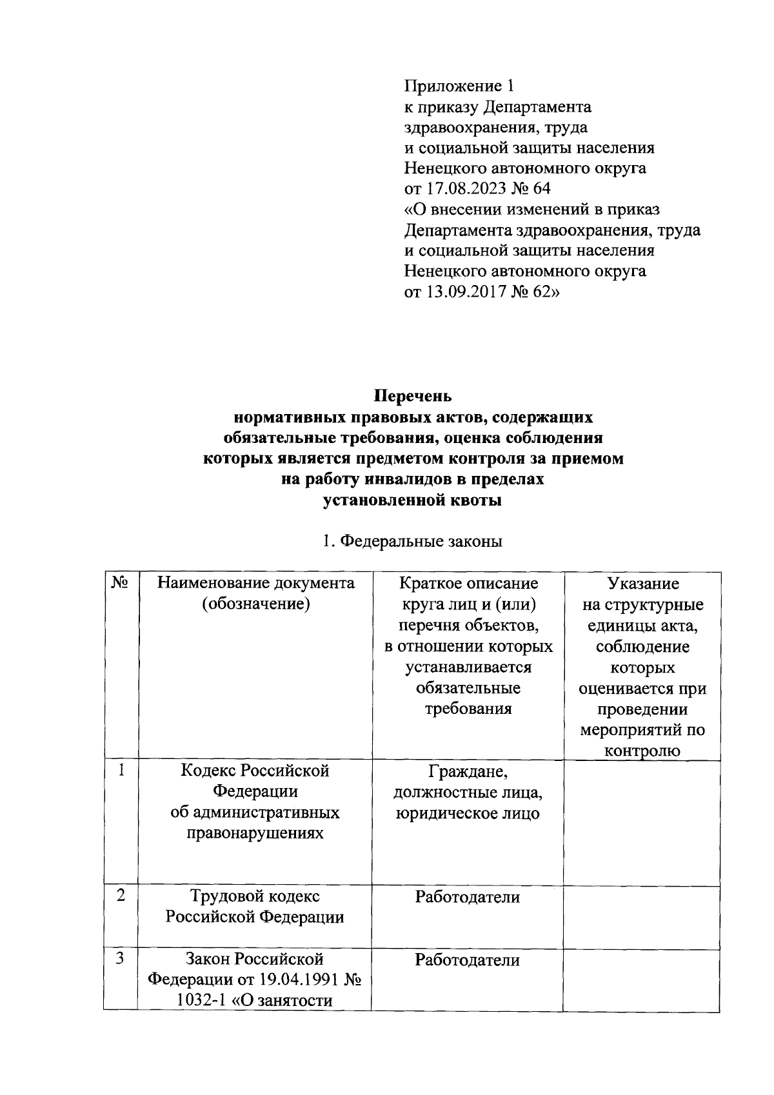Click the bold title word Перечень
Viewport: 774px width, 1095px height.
[x=413, y=396]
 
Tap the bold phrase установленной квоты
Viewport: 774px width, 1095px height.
[x=412, y=500]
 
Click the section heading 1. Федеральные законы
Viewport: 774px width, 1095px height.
[x=412, y=541]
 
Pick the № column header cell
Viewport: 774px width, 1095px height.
[x=120, y=584]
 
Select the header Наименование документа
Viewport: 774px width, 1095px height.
[x=255, y=584]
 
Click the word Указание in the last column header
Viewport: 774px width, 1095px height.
[x=642, y=584]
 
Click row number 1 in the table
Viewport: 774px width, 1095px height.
[x=120, y=771]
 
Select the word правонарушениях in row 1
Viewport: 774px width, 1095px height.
[x=255, y=833]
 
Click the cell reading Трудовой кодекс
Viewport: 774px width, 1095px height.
[x=255, y=896]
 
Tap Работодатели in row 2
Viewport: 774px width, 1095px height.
[x=468, y=896]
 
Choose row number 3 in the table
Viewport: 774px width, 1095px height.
[x=120, y=959]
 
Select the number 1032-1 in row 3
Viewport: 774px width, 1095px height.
[x=199, y=1000]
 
